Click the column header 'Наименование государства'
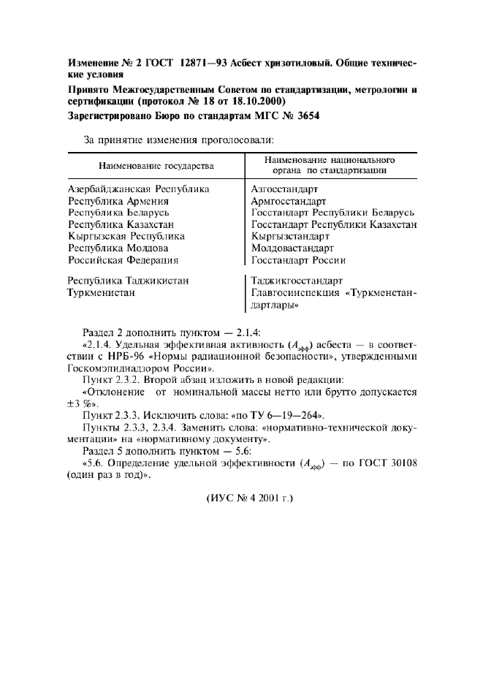coord(156,165)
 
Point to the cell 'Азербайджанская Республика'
coord(138,189)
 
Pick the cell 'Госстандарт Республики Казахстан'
coord(334,224)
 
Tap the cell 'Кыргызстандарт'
coord(290,236)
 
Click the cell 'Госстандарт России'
coord(298,259)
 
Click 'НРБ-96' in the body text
coord(130,357)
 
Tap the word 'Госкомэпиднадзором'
coord(115,368)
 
